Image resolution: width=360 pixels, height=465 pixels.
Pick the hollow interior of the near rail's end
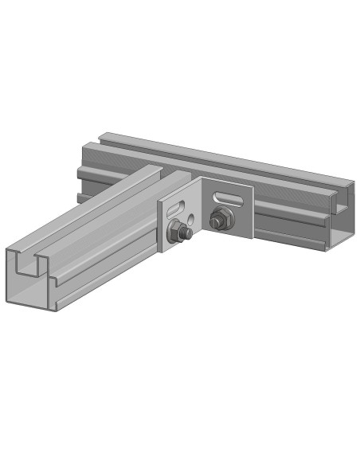pos(32,291)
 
